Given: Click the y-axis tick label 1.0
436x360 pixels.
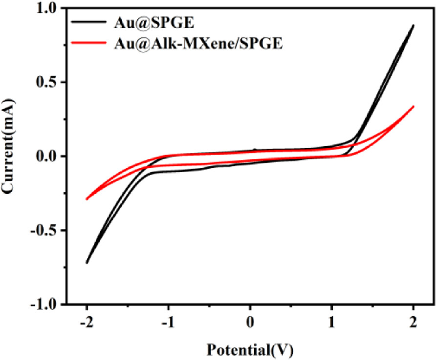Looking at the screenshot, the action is (x=46, y=9).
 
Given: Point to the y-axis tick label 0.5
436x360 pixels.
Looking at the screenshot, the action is (x=46, y=82).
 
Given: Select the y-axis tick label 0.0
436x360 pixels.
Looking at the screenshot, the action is (x=46, y=157).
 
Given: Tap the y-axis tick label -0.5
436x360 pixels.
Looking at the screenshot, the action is (x=44, y=230).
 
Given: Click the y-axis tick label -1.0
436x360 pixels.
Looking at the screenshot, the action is (x=44, y=304).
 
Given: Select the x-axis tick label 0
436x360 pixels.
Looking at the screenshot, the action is (x=250, y=322).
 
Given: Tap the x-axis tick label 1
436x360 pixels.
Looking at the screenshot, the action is (x=331, y=322).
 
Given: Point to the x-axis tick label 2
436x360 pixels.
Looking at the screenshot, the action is (x=413, y=322).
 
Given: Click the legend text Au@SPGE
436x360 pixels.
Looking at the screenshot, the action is (x=154, y=23).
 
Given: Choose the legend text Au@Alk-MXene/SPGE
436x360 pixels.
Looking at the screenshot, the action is (x=198, y=44).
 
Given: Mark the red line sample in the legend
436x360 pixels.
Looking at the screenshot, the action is (x=88, y=43).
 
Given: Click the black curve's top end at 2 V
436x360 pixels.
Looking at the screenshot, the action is (x=414, y=25).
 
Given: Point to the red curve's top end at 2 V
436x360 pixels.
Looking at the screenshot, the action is (x=414, y=106).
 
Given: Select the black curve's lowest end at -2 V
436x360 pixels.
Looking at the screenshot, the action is (x=87, y=263).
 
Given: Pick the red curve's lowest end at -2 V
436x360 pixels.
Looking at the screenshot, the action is (x=87, y=199).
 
